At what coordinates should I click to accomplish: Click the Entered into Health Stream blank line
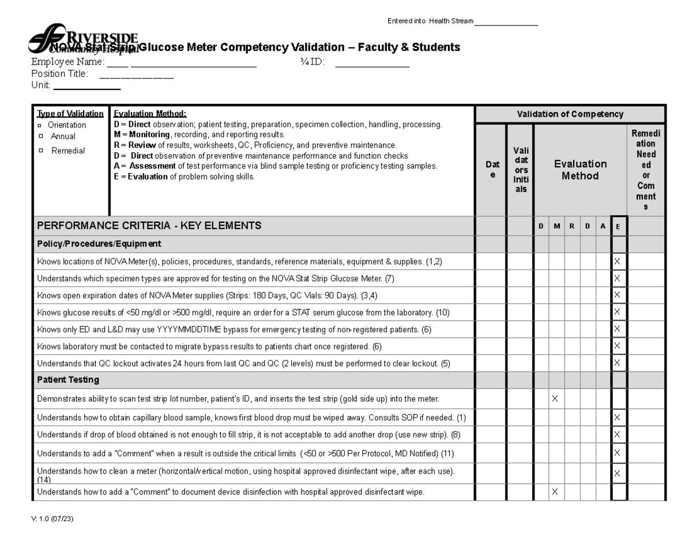(506, 24)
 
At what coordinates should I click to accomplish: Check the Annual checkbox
(40, 137)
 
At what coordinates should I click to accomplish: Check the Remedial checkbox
(40, 151)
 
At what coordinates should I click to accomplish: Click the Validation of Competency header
(570, 114)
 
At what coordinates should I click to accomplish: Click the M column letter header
(556, 226)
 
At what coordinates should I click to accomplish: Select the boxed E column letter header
(618, 227)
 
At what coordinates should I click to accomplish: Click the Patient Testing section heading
(68, 380)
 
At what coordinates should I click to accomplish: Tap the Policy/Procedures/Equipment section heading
(99, 244)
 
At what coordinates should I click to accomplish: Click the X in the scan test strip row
(555, 398)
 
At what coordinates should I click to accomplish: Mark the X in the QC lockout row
(617, 363)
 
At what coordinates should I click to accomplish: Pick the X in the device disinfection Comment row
(555, 492)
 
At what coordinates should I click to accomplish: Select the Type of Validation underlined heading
(70, 114)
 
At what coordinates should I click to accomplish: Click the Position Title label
(60, 73)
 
